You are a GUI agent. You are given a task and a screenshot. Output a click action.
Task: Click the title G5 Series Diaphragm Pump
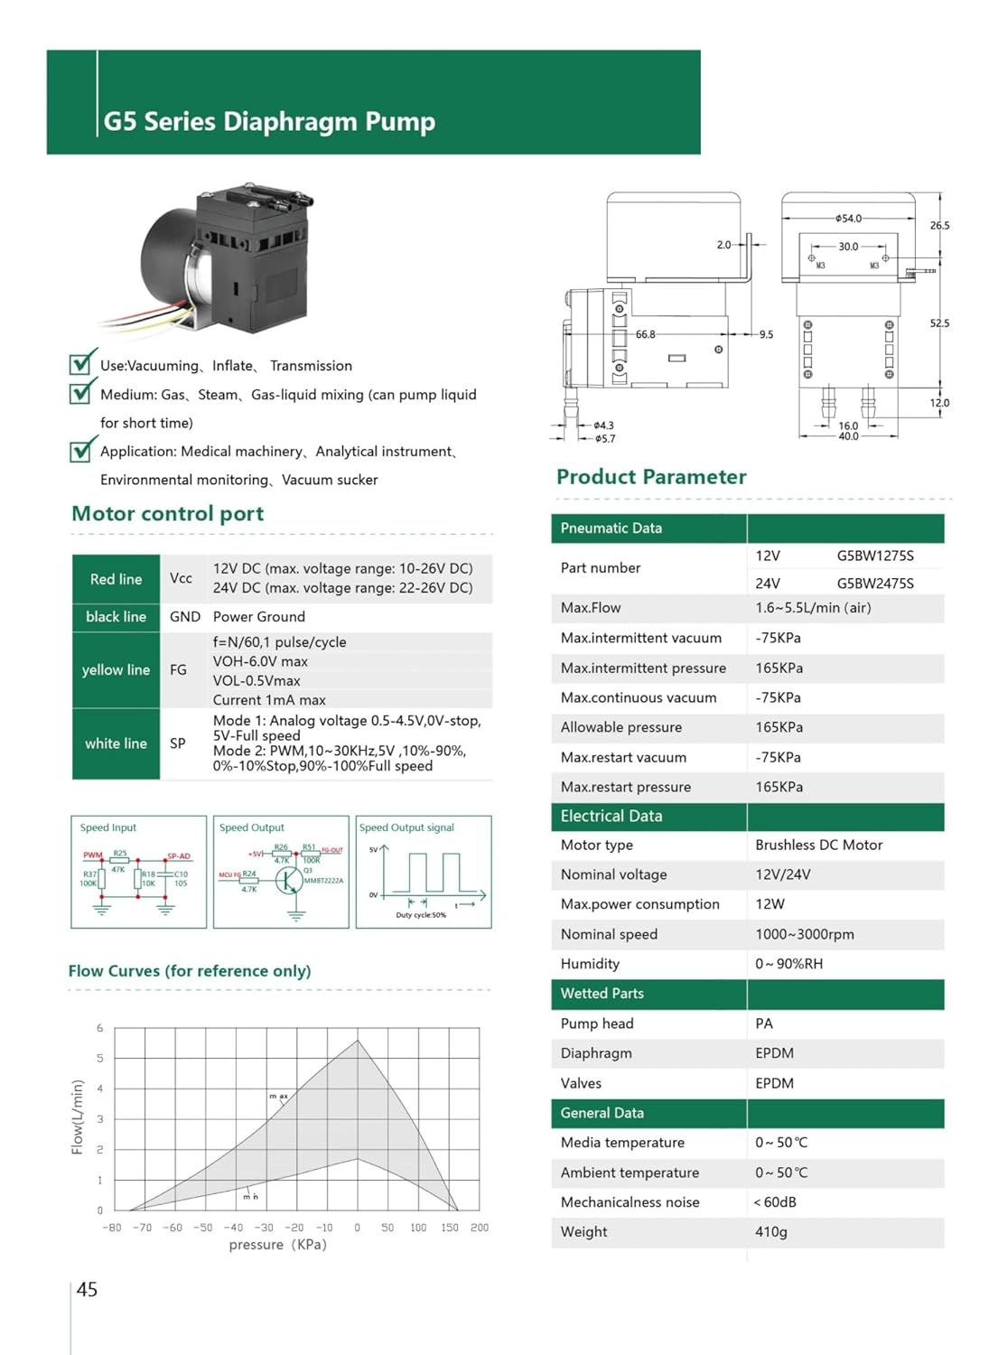tap(269, 121)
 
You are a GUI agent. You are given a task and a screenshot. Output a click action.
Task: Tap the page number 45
tap(87, 1289)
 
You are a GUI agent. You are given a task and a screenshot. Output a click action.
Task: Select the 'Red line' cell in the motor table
tap(116, 579)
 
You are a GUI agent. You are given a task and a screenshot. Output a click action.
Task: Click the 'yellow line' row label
tap(116, 669)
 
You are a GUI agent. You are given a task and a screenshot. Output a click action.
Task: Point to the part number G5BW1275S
tap(874, 556)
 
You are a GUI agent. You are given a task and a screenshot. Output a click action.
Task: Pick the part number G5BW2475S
tap(874, 584)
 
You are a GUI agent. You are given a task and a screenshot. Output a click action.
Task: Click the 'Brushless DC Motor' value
tap(818, 845)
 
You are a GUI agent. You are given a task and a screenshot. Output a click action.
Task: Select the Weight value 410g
tap(770, 1231)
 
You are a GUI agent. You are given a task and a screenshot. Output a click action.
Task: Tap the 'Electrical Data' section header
tap(611, 816)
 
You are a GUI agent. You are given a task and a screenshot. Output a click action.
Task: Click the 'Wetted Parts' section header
tap(602, 993)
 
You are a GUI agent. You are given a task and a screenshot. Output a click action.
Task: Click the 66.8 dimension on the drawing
tap(645, 334)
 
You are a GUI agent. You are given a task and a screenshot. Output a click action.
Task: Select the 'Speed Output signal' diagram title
tap(406, 827)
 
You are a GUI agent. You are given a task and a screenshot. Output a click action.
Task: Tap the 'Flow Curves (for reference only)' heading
tap(190, 971)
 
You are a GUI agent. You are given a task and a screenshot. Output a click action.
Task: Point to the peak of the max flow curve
tap(358, 1041)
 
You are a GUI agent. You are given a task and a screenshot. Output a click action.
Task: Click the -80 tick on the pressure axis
tap(111, 1228)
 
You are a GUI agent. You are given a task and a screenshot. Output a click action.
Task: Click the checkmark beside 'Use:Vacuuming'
tap(82, 362)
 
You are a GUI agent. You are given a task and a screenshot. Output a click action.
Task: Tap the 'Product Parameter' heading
tap(651, 477)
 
